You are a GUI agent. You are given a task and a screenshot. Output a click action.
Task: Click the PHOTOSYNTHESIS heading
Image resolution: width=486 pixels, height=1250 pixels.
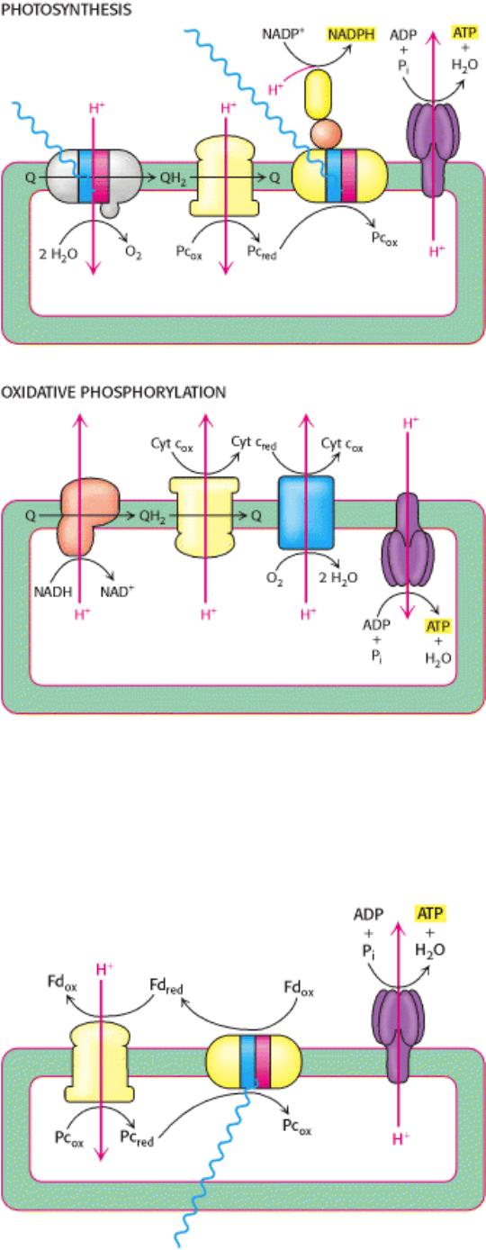pyautogui.click(x=66, y=10)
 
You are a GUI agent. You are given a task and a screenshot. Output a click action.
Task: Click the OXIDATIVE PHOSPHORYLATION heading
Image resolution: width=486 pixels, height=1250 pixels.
pyautogui.click(x=113, y=393)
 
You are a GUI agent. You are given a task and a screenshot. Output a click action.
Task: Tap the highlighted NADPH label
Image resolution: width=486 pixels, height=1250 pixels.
pyautogui.click(x=351, y=34)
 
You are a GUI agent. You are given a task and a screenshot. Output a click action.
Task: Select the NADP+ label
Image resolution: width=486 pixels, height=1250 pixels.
pyautogui.click(x=283, y=34)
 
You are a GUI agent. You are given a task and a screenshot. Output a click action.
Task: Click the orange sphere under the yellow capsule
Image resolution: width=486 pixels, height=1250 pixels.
pyautogui.click(x=325, y=134)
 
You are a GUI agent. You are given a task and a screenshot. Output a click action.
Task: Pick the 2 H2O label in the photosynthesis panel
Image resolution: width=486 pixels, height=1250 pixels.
pyautogui.click(x=58, y=255)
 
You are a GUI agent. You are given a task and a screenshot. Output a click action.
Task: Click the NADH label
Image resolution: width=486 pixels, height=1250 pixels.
pyautogui.click(x=53, y=592)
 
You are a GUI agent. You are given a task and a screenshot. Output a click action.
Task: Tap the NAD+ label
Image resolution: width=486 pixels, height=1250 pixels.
pyautogui.click(x=117, y=591)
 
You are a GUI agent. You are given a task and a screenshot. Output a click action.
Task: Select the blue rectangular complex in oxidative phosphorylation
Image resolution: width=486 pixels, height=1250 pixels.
pyautogui.click(x=306, y=512)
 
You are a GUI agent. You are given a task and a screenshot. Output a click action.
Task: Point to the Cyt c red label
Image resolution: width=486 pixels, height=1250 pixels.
pyautogui.click(x=254, y=444)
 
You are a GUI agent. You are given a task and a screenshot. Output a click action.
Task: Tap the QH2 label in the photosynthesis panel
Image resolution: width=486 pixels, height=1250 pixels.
pyautogui.click(x=174, y=178)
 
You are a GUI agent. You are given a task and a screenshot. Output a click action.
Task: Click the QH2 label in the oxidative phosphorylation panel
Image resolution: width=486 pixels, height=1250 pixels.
pyautogui.click(x=152, y=516)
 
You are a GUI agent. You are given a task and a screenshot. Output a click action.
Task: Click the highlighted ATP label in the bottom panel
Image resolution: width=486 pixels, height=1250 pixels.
pyautogui.click(x=430, y=913)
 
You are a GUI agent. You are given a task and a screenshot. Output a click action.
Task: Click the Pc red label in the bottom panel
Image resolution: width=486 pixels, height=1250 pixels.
pyautogui.click(x=137, y=1138)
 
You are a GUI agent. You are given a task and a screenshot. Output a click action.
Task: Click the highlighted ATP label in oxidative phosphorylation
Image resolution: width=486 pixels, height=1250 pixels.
pyautogui.click(x=438, y=626)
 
